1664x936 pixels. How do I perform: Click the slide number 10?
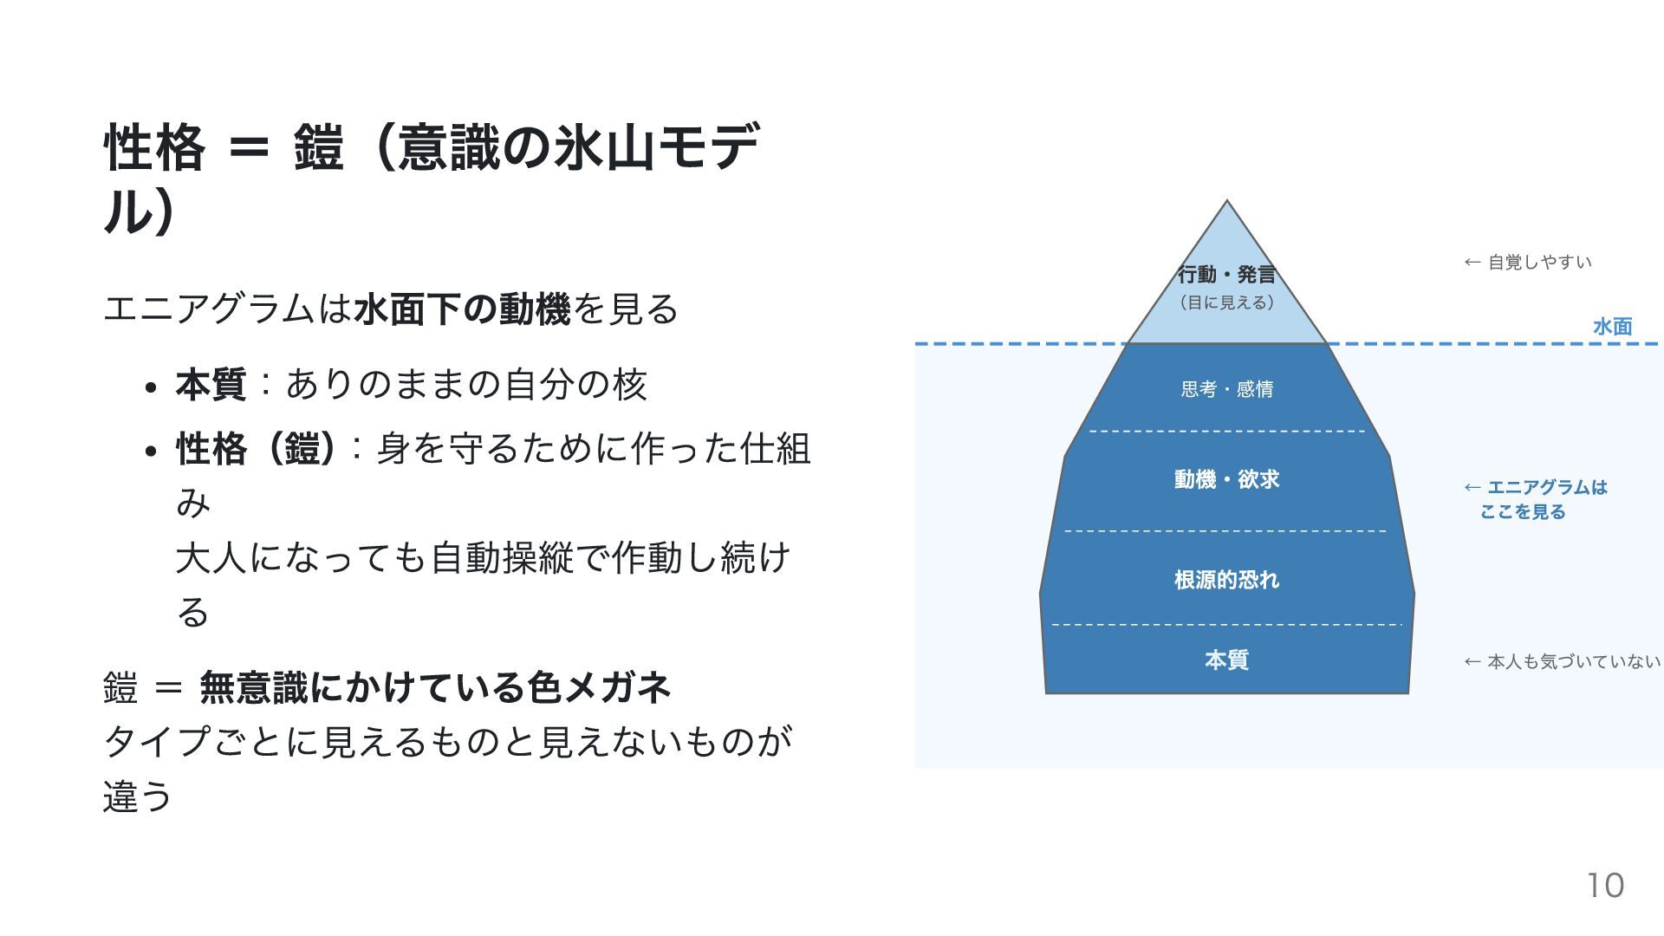coord(1605,886)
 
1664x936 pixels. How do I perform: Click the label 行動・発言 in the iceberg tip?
coord(1226,275)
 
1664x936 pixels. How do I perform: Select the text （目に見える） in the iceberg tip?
coord(1226,302)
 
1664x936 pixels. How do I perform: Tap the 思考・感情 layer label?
coord(1226,389)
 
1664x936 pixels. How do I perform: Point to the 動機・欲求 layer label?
coord(1226,479)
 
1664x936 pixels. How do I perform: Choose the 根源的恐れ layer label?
coord(1226,580)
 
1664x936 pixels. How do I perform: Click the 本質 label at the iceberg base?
coord(1226,660)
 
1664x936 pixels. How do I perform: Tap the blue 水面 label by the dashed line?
coord(1612,327)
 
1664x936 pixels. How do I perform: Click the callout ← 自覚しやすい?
coord(1528,262)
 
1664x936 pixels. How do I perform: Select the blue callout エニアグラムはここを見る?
coord(1535,499)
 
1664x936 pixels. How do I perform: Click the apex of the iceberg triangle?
coord(1226,204)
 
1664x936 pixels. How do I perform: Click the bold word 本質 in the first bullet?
coord(211,384)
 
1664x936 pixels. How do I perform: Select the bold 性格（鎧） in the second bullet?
coord(256,449)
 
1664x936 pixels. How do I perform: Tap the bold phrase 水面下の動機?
coord(462,309)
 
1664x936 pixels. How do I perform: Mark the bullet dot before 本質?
coord(151,387)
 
